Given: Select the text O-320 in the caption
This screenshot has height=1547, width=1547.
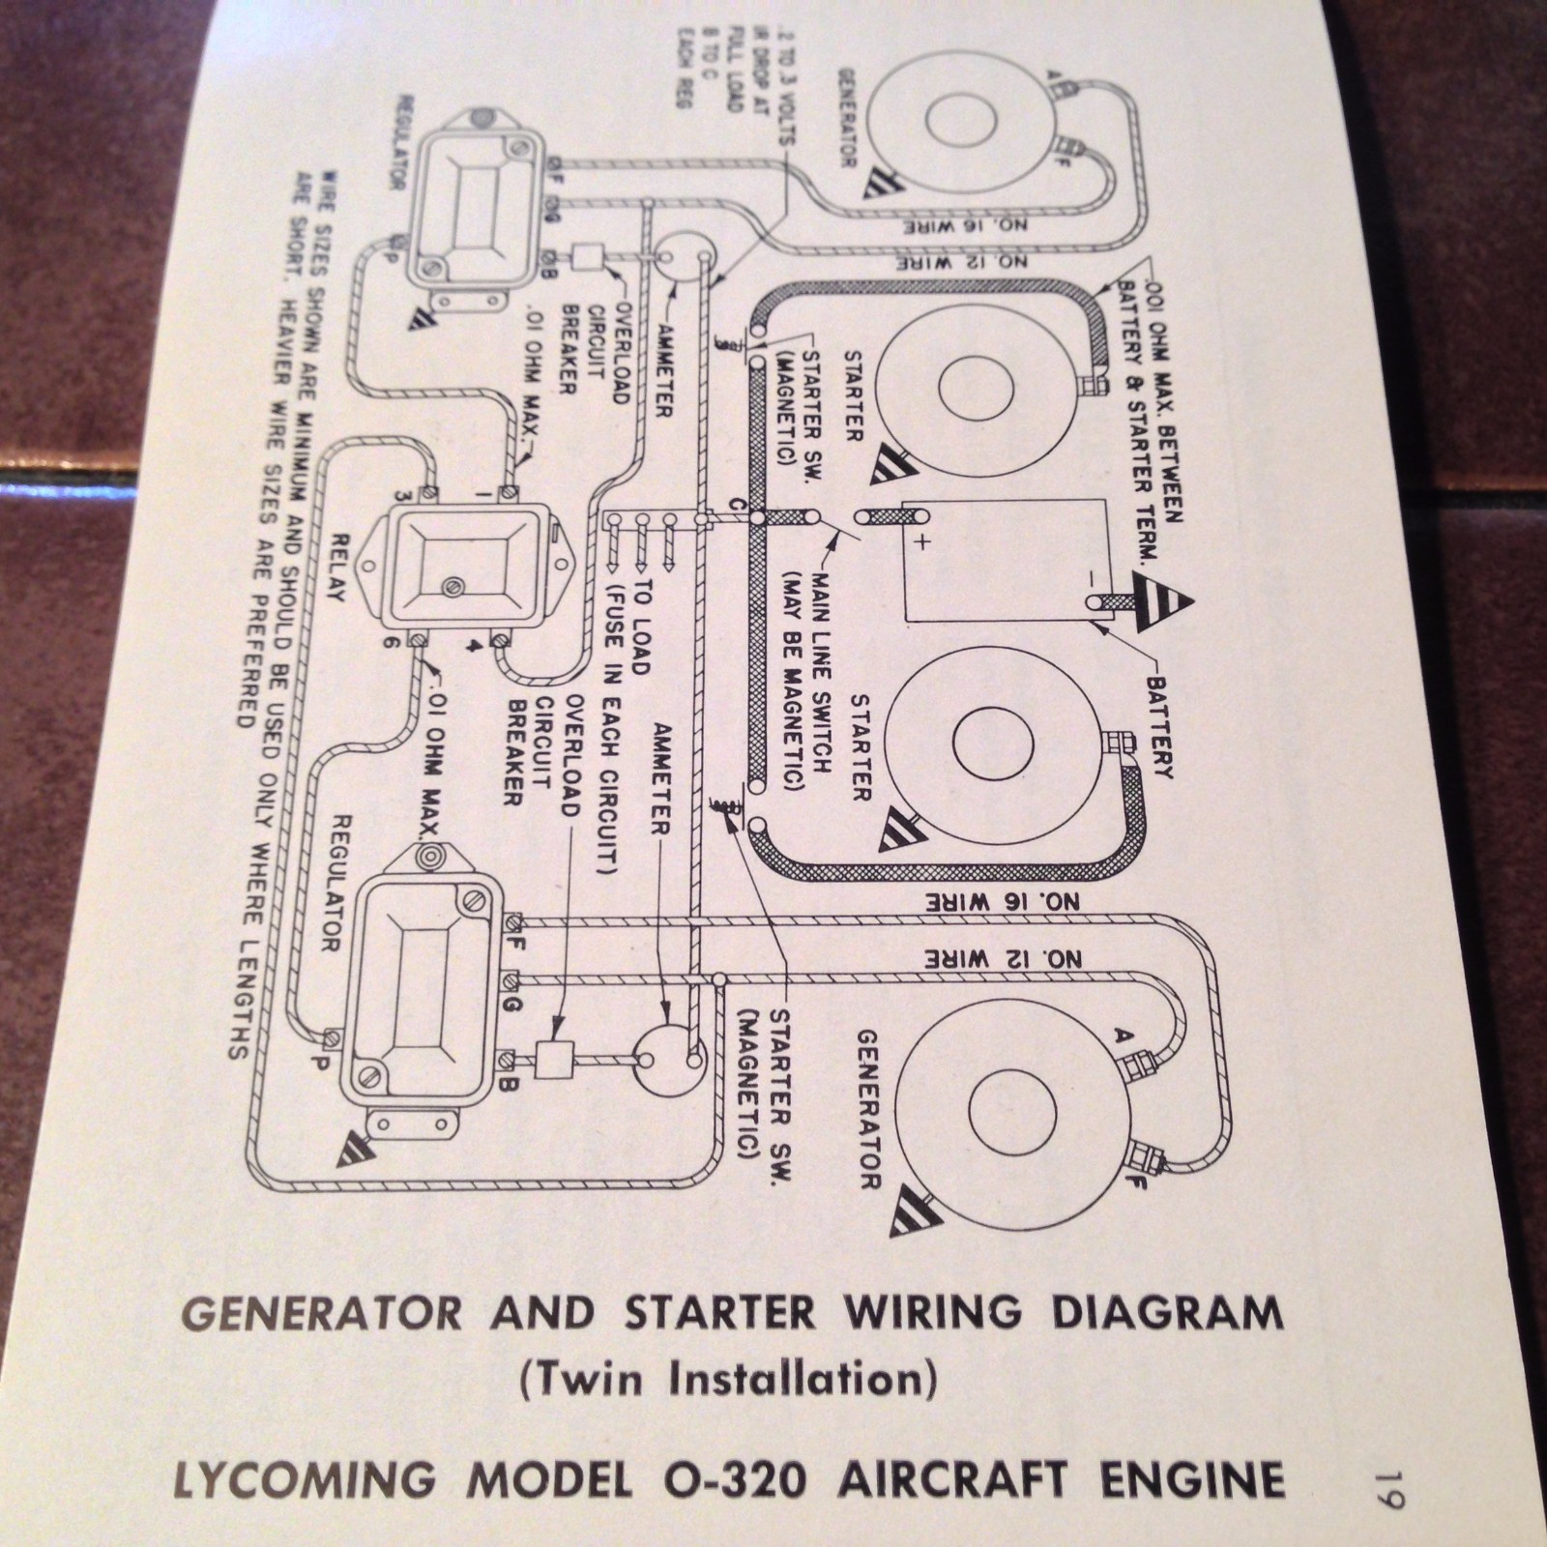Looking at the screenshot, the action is pos(737,1480).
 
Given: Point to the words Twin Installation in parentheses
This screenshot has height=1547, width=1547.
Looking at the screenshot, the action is pos(728,1379).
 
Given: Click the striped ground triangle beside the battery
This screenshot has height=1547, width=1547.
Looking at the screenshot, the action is pos(1162,599).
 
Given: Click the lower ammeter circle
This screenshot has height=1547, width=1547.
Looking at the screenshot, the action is pos(668,1060).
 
